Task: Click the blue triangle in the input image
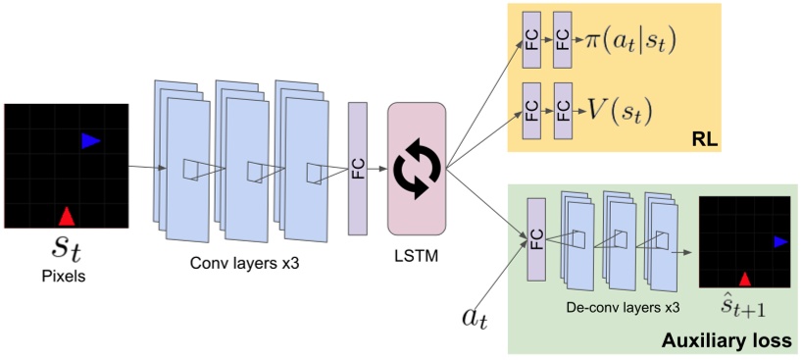[x=90, y=141]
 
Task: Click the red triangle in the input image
[x=65, y=216]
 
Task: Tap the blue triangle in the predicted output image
[x=779, y=241]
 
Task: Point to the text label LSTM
[x=416, y=256]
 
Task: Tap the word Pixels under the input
[x=64, y=277]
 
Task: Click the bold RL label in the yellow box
[x=704, y=140]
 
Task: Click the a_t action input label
[x=476, y=317]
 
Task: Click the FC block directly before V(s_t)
[x=562, y=108]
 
